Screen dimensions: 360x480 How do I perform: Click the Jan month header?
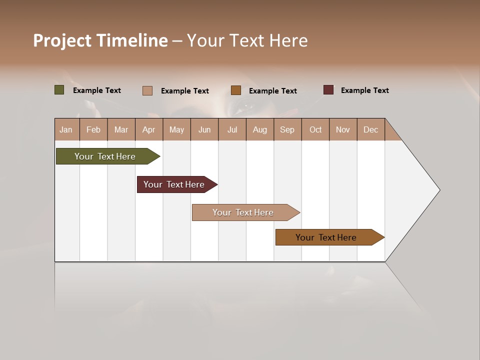coord(66,129)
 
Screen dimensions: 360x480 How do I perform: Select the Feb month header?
coord(93,129)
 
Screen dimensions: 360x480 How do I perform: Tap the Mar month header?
coord(121,129)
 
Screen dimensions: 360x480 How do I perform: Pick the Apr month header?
coord(149,129)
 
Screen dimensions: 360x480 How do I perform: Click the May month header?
coord(176,129)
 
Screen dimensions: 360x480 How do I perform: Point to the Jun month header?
coord(204,129)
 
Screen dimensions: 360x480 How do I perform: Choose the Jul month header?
coord(232,129)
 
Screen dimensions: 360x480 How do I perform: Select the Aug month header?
coord(260,129)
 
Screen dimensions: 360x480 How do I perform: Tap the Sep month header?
coord(287,129)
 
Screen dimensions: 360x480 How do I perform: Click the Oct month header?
coord(315,129)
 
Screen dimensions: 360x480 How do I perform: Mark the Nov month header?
coord(343,129)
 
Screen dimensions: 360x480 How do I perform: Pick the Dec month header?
coord(371,129)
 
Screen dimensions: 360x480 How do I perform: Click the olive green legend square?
coord(59,90)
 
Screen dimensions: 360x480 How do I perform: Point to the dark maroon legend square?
coord(328,90)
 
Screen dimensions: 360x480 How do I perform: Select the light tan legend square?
coord(147,90)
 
